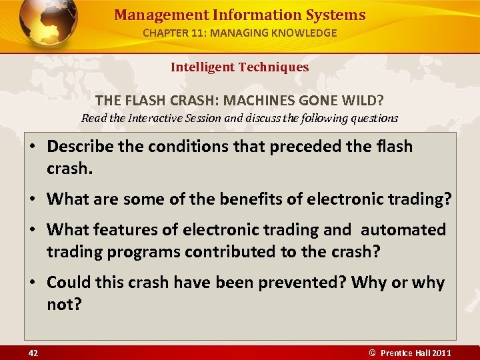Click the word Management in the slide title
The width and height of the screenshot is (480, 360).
(150, 15)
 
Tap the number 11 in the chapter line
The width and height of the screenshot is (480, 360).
(204, 33)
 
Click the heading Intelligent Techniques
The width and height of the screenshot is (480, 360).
(239, 67)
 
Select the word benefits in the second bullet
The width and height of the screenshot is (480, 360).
(231, 198)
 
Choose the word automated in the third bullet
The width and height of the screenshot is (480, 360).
(403, 229)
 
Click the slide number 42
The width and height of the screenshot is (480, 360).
(33, 353)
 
